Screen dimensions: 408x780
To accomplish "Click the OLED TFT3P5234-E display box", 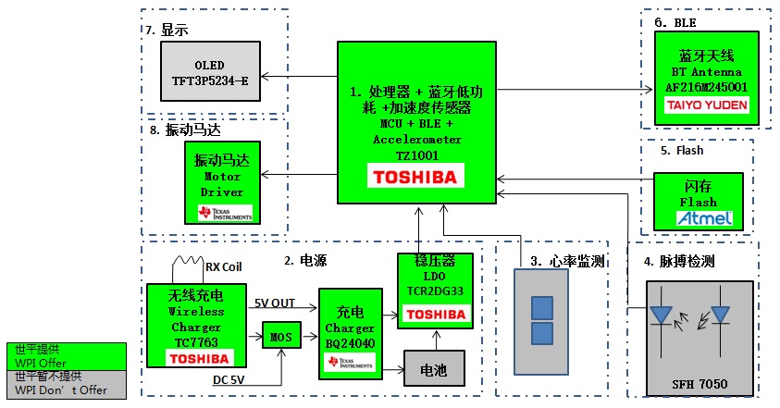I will click(x=210, y=73).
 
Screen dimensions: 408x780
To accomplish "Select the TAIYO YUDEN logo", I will click(x=708, y=105).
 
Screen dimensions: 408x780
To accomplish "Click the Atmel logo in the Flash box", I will click(x=705, y=218).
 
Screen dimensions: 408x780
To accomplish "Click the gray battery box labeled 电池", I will click(x=432, y=370).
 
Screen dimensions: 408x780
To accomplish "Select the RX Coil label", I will click(x=225, y=267).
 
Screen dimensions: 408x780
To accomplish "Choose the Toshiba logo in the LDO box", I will click(x=436, y=315).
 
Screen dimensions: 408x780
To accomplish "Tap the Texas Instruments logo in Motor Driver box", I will click(x=220, y=213).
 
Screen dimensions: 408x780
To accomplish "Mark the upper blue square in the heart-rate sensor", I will click(x=540, y=307).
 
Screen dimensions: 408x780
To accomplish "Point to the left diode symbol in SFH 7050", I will click(x=661, y=315).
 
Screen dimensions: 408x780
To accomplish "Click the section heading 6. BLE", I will click(x=675, y=22).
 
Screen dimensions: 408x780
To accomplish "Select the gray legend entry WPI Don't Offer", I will click(x=61, y=383).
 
